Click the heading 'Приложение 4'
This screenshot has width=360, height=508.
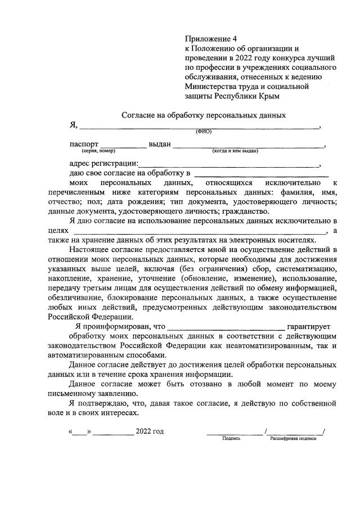(x=208, y=39)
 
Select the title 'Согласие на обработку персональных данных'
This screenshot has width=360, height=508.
(x=204, y=115)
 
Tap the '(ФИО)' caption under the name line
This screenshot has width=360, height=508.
(x=204, y=132)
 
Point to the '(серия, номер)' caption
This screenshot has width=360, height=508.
(x=98, y=151)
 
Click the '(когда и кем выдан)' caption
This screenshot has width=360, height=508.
(x=235, y=151)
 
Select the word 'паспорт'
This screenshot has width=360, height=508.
(x=84, y=144)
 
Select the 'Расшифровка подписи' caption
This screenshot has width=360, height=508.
(x=293, y=438)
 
